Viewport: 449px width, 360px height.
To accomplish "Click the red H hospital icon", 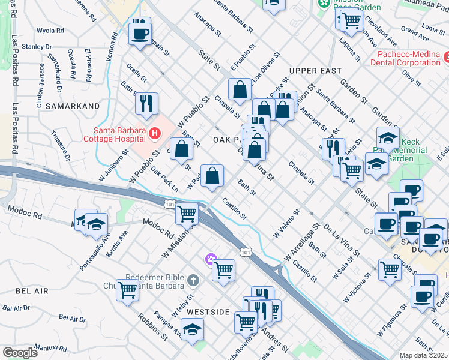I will point(155,133).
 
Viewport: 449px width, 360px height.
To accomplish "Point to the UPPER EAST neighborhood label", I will point(310,71).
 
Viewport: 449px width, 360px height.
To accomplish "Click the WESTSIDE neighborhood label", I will point(208,313).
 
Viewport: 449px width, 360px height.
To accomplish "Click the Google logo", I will point(20,353).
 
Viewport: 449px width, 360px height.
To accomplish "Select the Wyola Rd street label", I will point(50,31).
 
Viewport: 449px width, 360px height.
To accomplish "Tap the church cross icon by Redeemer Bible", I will point(193,280).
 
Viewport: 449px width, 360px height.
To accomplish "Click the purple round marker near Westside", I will point(210,260).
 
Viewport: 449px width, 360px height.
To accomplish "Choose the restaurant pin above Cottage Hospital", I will point(146,104).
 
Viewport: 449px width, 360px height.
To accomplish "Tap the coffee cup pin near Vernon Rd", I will point(140,32).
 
